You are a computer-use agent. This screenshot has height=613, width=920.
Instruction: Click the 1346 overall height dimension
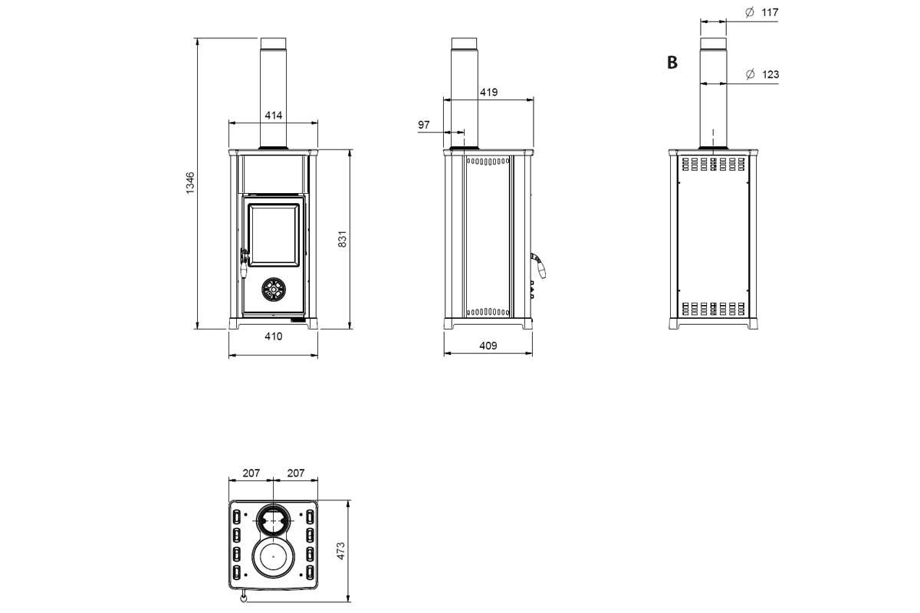click(190, 182)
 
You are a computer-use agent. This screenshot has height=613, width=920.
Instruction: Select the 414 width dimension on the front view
click(274, 116)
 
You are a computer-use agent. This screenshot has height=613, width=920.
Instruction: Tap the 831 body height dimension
click(343, 239)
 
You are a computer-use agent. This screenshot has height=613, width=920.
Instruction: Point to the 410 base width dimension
click(274, 336)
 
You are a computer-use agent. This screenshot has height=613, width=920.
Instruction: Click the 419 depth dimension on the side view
click(488, 92)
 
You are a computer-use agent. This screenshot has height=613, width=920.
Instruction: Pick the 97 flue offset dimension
click(424, 124)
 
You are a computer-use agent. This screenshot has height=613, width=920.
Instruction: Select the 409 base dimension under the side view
click(488, 346)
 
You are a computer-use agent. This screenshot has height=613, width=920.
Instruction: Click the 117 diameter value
click(770, 12)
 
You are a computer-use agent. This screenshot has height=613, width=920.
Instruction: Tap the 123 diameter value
click(770, 74)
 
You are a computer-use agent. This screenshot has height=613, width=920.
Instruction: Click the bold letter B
click(672, 63)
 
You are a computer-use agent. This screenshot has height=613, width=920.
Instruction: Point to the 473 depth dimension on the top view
click(341, 550)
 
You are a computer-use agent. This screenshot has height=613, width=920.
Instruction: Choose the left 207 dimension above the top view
click(251, 473)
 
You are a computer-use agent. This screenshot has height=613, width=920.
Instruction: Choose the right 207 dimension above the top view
click(296, 473)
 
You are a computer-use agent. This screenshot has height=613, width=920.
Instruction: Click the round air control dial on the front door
click(273, 289)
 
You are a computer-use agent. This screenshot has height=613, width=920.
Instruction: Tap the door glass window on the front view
click(272, 234)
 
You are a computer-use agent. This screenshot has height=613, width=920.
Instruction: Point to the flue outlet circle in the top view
click(273, 522)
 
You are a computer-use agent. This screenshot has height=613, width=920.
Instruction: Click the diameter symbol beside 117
click(750, 12)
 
